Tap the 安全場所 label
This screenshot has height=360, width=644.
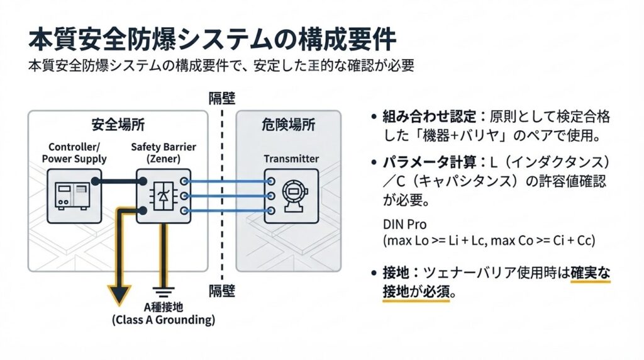tap(117, 125)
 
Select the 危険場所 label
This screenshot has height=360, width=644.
tap(288, 125)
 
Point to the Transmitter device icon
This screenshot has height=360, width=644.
tap(291, 196)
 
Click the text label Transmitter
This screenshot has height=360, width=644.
tap(291, 159)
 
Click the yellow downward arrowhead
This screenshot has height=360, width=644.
tap(118, 295)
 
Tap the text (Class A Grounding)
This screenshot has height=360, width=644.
tap(163, 320)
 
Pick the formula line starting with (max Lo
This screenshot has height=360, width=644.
tap(489, 240)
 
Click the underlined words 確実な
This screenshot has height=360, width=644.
tap(591, 273)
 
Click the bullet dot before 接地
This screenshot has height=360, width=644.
tap(374, 274)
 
